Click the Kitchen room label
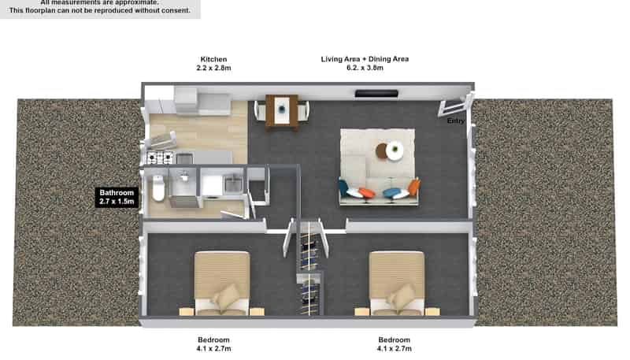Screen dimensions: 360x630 pos(214,59)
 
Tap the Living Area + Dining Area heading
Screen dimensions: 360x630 pos(365,59)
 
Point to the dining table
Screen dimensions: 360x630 pos(282,109)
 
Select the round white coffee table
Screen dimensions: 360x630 pos(395,149)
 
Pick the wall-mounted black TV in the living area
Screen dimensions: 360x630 pos(376,94)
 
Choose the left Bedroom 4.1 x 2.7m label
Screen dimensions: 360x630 pos(214,343)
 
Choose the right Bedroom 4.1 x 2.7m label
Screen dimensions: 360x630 pos(394,343)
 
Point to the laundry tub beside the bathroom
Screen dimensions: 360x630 pos(234,186)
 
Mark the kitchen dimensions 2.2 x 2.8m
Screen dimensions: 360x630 pos(214,69)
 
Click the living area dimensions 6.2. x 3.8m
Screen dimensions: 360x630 pos(365,69)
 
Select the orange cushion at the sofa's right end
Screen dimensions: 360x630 pos(413,187)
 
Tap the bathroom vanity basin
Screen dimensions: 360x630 pos(185,178)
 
